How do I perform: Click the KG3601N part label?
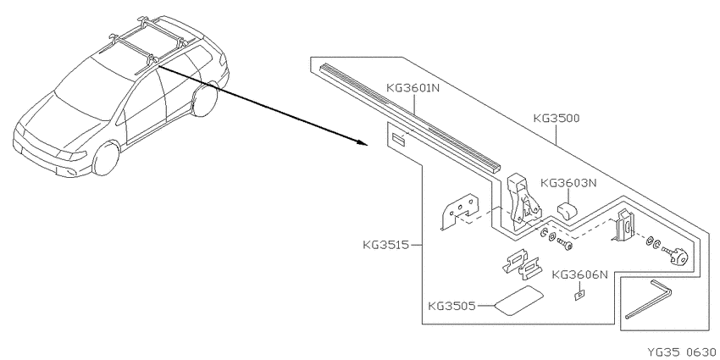pyautogui.click(x=413, y=87)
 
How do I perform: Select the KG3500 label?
pyautogui.click(x=557, y=118)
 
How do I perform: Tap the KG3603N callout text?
pyautogui.click(x=568, y=183)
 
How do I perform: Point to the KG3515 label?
pyautogui.click(x=385, y=245)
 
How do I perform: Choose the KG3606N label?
pyautogui.click(x=580, y=274)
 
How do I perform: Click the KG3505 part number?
pyautogui.click(x=451, y=306)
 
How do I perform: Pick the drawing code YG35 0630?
pyautogui.click(x=681, y=352)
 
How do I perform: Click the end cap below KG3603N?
pyautogui.click(x=568, y=210)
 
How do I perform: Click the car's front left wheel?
pyautogui.click(x=106, y=158)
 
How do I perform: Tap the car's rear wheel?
pyautogui.click(x=204, y=99)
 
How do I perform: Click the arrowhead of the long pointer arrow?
pyautogui.click(x=363, y=142)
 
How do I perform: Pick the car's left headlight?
pyautogui.click(x=70, y=155)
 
